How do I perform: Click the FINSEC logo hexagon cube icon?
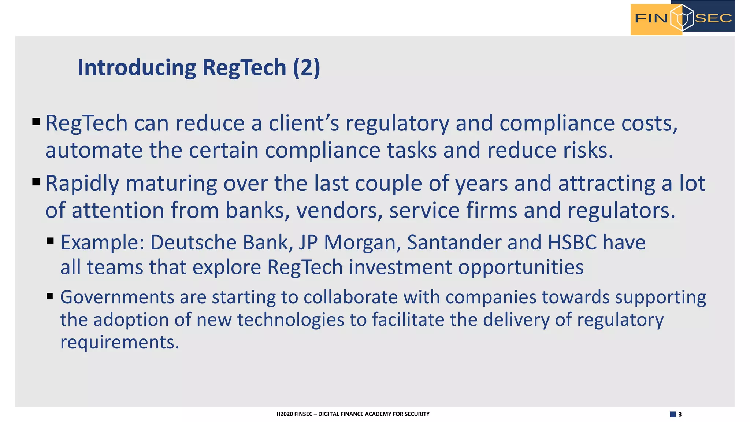coord(682,18)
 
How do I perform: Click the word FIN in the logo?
coord(651,18)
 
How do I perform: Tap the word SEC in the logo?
coord(713,18)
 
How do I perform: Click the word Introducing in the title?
coord(137,68)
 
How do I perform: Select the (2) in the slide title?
coord(307,68)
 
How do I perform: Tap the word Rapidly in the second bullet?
coord(82,184)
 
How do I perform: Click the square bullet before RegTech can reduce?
coord(36,122)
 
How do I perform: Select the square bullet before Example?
coord(51,241)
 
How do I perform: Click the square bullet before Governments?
coord(50,296)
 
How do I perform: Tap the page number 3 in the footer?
coord(680,414)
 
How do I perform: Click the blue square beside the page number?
coord(673,414)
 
